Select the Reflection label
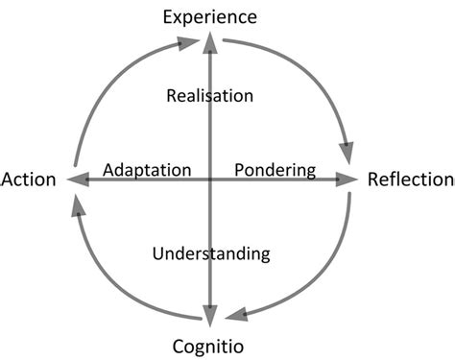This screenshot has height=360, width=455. point(410,179)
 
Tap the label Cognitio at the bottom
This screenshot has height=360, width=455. point(211,345)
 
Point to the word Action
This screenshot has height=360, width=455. point(29,180)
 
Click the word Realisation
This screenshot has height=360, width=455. point(209,95)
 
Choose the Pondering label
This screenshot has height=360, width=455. point(275,170)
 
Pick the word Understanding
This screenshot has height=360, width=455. point(211,254)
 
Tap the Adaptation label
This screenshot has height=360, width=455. point(147,170)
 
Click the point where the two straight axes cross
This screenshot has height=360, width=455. point(210,179)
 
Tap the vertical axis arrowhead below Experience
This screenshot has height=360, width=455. point(210,42)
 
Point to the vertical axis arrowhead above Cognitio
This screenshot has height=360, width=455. point(210,313)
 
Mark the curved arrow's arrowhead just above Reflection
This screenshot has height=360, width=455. point(345,151)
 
